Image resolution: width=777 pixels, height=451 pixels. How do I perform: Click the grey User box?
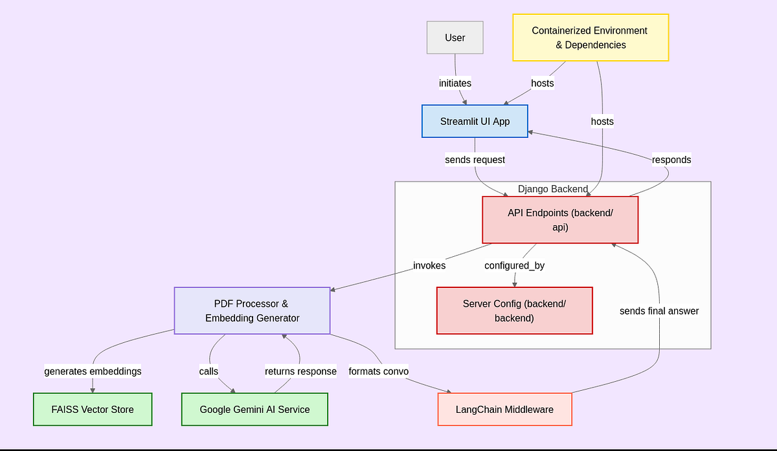coord(455,38)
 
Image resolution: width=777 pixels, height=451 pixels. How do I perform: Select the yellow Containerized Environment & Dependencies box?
coord(590,38)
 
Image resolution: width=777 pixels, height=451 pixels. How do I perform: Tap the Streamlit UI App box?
coord(475,121)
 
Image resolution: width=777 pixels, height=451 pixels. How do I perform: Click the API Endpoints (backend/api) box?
coord(560,220)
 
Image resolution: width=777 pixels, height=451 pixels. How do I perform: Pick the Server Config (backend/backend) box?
coord(514,311)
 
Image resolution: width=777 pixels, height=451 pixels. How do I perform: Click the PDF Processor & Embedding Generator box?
coord(252,311)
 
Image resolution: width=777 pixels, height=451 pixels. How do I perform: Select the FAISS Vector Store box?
coord(93,409)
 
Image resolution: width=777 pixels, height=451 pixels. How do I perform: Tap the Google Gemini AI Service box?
coord(254,409)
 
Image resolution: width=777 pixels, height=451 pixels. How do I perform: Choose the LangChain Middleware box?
coord(504,409)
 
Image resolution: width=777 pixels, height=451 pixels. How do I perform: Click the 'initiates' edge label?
coord(455,83)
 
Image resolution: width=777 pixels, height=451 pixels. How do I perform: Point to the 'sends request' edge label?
coord(475,159)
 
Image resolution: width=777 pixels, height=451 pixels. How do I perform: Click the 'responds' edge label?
coord(671,159)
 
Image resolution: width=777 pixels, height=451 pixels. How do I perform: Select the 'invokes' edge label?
coord(429,265)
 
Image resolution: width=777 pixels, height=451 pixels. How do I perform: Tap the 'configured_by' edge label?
coord(515,265)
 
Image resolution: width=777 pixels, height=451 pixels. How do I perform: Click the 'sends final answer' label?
coord(659,311)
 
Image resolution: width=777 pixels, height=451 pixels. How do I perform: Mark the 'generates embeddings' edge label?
coord(93,371)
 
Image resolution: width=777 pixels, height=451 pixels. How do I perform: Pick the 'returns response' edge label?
coord(300,371)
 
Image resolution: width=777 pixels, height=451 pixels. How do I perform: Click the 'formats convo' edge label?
coord(379,371)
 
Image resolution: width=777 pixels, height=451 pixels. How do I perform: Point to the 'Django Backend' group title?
coord(552,189)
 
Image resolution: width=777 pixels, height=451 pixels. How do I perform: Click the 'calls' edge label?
coord(208,371)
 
